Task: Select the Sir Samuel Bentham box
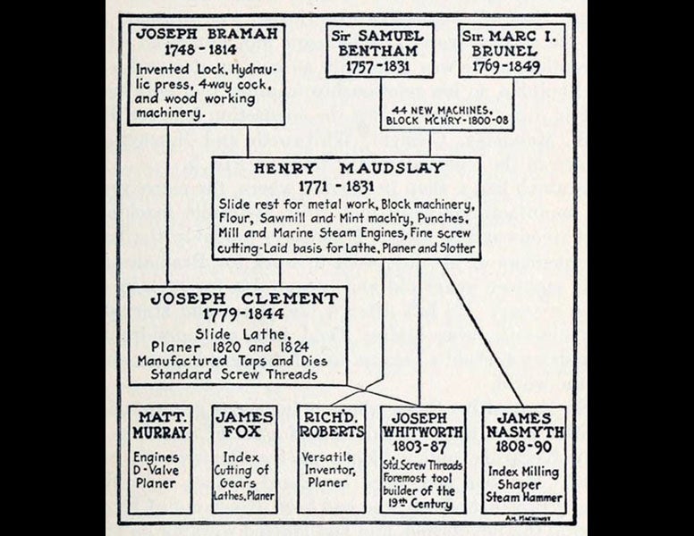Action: [x=379, y=50]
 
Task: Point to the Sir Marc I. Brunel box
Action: [x=512, y=50]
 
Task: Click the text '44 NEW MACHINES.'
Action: [x=433, y=108]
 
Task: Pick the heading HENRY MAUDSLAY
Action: [x=346, y=170]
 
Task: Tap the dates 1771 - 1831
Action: [x=346, y=188]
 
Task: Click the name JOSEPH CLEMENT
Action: [x=244, y=298]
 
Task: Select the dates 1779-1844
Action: [x=244, y=314]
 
